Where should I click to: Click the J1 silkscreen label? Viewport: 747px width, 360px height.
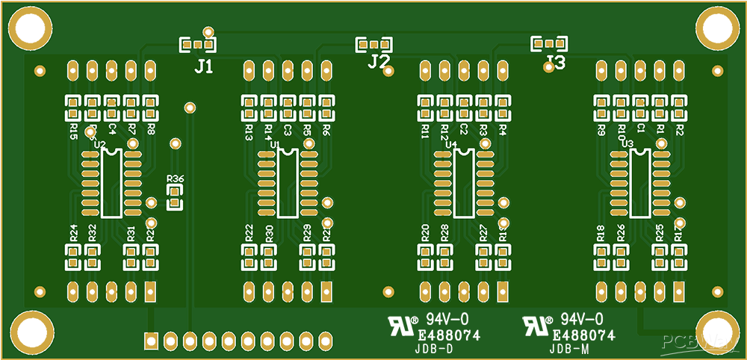[x=203, y=66]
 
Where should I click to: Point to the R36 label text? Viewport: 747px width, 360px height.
[x=176, y=179]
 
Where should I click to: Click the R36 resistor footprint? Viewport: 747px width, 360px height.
[x=175, y=199]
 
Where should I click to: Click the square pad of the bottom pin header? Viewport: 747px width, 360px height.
[x=151, y=341]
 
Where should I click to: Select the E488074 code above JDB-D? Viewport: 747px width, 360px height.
[x=448, y=336]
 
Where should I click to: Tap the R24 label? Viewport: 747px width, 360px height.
[x=73, y=232]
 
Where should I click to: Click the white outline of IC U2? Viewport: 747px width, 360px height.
[x=111, y=183]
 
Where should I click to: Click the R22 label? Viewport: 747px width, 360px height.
[x=249, y=232]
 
